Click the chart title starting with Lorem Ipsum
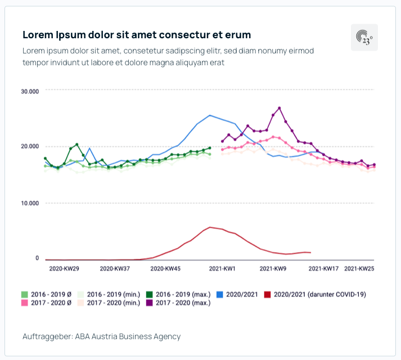click(137, 35)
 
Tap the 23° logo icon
click(364, 38)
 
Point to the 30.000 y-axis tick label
click(29, 91)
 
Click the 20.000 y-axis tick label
click(29, 147)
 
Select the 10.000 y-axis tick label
click(29, 203)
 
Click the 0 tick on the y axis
click(37, 258)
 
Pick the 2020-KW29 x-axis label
click(64, 269)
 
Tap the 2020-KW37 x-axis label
click(115, 269)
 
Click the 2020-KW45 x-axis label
click(165, 269)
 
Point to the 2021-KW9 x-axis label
click(273, 269)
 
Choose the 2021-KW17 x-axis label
click(324, 269)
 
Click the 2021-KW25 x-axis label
click(359, 269)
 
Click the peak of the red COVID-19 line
click(210, 227)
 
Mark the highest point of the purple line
click(280, 108)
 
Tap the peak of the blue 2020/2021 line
click(210, 115)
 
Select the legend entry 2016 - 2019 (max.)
click(178, 294)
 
